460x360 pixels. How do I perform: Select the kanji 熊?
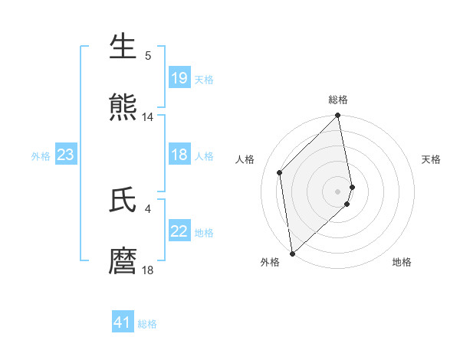click(123, 107)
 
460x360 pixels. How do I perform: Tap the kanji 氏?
click(123, 199)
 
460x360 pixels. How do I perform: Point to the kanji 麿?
click(123, 260)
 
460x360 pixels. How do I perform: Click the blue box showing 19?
click(179, 78)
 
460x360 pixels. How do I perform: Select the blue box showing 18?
click(179, 155)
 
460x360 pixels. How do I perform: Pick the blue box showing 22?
click(179, 232)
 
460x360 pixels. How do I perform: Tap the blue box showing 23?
click(66, 155)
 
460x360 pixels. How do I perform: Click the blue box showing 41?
click(123, 323)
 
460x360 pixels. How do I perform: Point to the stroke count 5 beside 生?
click(148, 56)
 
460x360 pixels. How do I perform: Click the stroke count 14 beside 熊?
click(148, 117)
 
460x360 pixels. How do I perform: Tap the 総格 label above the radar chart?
click(338, 100)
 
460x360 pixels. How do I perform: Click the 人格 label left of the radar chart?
click(245, 159)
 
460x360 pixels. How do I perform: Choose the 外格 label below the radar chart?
click(270, 262)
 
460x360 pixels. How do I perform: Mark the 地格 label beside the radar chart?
click(402, 262)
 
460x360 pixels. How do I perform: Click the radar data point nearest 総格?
click(338, 116)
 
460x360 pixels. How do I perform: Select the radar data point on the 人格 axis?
click(280, 172)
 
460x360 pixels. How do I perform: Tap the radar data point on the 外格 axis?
click(292, 253)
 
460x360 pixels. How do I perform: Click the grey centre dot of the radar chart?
click(338, 191)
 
